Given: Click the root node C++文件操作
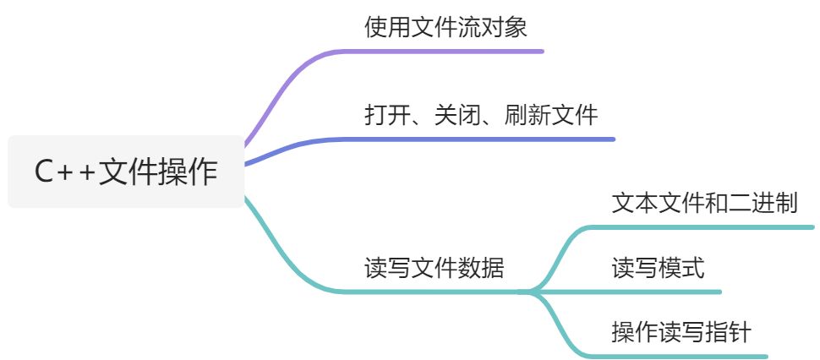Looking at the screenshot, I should (126, 172).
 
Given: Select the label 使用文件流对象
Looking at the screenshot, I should (446, 27).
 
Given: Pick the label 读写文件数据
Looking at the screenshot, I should (434, 268).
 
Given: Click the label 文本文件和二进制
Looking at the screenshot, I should (704, 203).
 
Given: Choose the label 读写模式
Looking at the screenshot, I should (658, 268).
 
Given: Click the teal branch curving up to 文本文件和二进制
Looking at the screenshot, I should (562, 249).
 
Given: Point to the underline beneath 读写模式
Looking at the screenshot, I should (659, 292).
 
